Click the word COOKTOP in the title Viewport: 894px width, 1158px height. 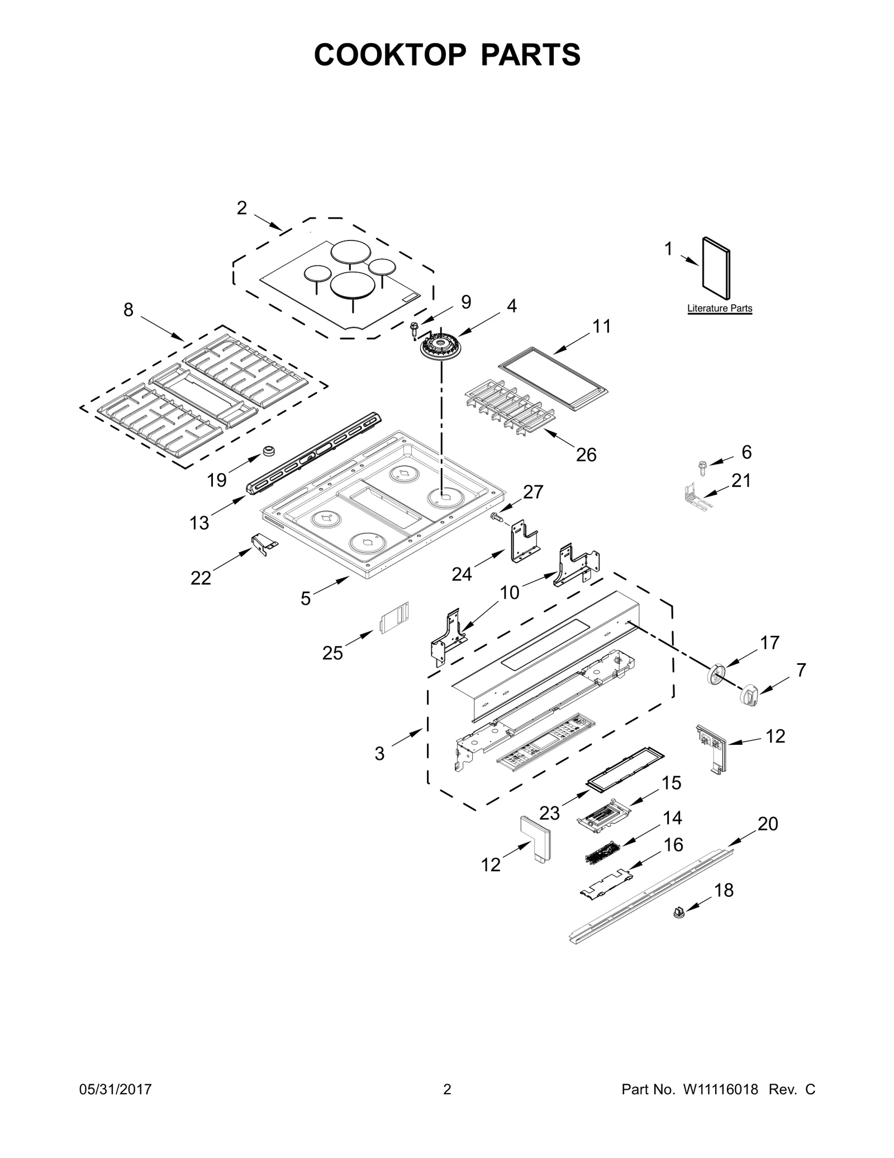coord(389,55)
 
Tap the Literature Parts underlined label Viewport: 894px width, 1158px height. coord(719,308)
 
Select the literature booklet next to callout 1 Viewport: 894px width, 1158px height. coord(716,268)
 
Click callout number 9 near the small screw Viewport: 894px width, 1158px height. coord(465,302)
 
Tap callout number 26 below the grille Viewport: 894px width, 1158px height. coord(586,455)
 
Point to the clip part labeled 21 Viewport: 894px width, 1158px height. coord(693,495)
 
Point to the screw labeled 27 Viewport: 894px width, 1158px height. coord(496,516)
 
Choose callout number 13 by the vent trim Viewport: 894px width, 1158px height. coord(199,523)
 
